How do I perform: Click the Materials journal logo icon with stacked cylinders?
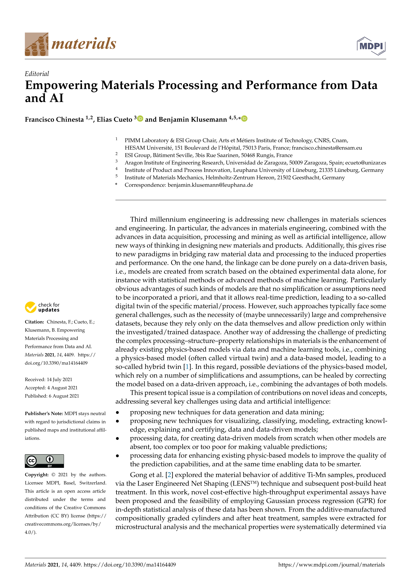[36, 44]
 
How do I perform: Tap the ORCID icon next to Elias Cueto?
[140, 118]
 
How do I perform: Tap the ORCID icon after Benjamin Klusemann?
[244, 118]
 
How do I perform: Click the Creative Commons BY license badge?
[44, 461]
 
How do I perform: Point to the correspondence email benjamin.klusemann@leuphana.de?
[210, 185]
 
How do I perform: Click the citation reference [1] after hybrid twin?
[187, 367]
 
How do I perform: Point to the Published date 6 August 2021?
[64, 396]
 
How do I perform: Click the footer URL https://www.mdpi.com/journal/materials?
[331, 565]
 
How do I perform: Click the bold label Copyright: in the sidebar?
[37, 475]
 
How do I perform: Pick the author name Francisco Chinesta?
[54, 119]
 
